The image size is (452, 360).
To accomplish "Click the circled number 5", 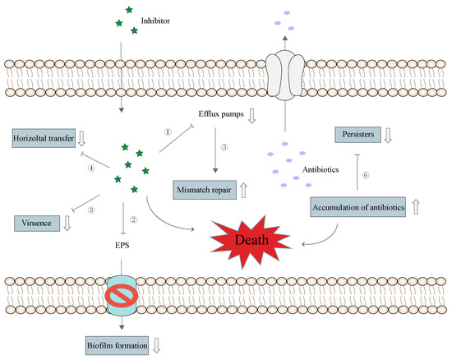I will click(x=222, y=148).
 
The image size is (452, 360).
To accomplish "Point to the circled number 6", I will click(x=365, y=175).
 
